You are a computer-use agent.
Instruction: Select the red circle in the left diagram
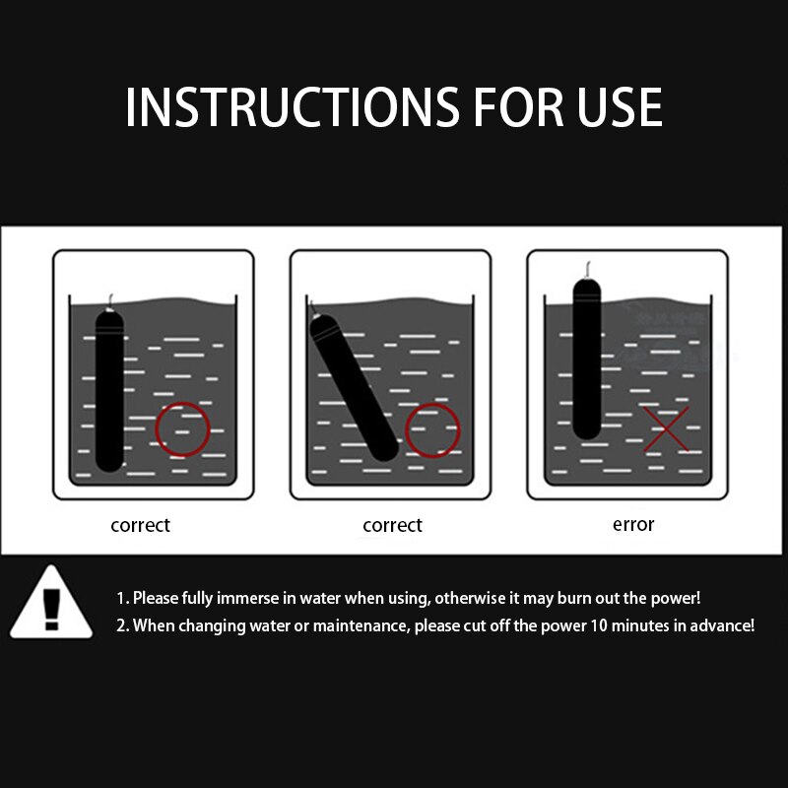183,429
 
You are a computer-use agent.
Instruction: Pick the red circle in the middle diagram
432,430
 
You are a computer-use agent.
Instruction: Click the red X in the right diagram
667,429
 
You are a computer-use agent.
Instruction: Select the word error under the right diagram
633,524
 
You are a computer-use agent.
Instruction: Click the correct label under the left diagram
140,525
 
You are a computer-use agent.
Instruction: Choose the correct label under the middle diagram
392,525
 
